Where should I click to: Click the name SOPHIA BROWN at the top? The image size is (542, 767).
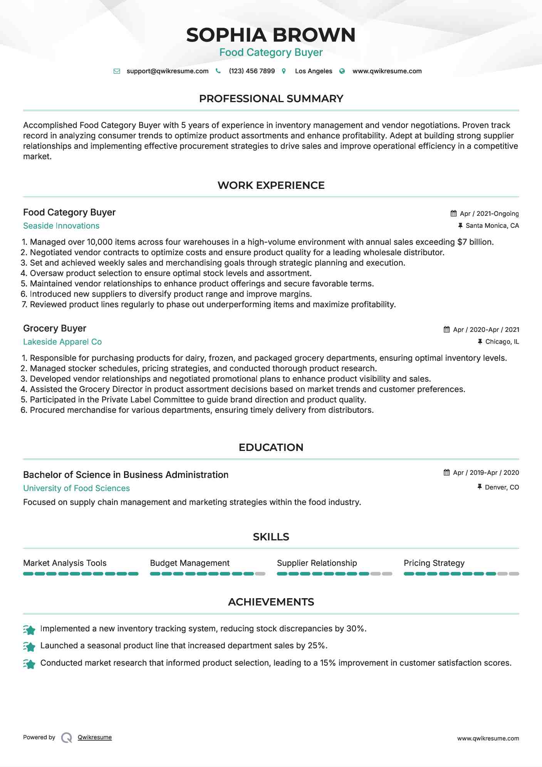tap(271, 35)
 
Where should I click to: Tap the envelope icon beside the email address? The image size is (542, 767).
tap(117, 71)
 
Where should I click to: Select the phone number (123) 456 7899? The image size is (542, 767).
tap(252, 71)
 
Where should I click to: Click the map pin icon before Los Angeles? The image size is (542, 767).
tap(284, 71)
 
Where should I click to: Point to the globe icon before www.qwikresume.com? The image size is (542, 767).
tap(342, 71)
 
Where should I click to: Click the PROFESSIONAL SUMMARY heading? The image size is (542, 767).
tap(271, 99)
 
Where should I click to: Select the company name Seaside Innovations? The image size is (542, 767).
tap(61, 226)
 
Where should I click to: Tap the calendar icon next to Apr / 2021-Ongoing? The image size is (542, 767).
tap(454, 214)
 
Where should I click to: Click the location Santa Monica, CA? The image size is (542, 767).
tap(492, 226)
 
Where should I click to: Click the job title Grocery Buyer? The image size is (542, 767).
tap(55, 328)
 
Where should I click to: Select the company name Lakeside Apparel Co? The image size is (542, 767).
tap(62, 342)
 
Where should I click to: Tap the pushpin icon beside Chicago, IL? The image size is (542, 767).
tap(480, 341)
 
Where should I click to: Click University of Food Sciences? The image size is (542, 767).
tap(76, 488)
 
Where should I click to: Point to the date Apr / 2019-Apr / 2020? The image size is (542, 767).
tap(486, 473)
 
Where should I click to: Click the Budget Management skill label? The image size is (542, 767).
tap(190, 563)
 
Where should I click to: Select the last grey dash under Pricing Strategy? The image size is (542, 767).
tap(514, 574)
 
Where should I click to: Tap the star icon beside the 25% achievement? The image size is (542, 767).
tap(29, 646)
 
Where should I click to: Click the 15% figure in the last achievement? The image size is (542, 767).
tap(328, 663)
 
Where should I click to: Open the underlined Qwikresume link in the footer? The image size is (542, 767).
tap(95, 737)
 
